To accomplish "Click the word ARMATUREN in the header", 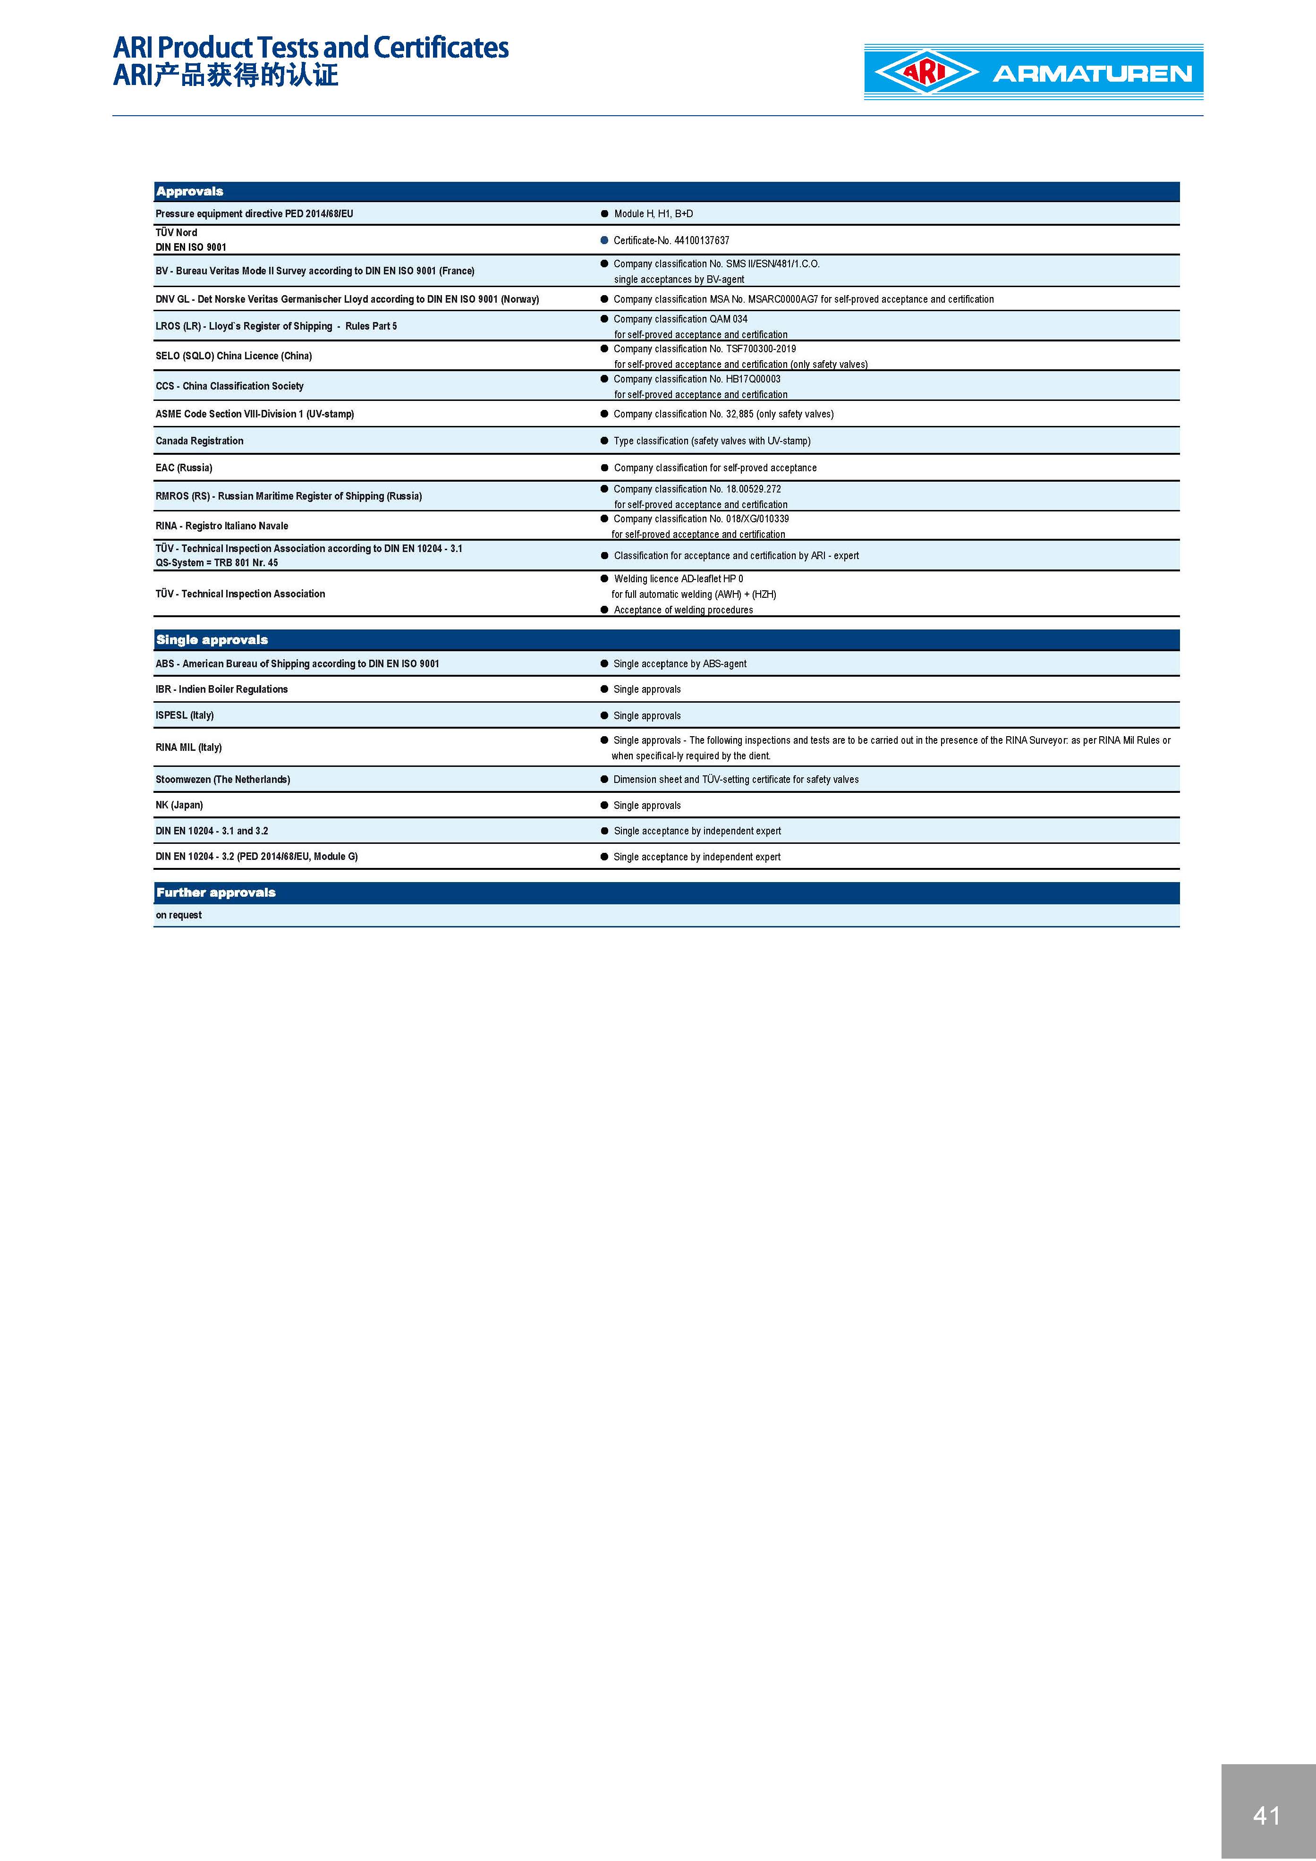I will [1092, 74].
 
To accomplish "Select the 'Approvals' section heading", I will [190, 191].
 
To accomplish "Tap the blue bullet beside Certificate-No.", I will [604, 241].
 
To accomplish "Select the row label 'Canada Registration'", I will [199, 441].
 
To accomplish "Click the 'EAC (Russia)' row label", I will [184, 467].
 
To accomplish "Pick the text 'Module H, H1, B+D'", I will [653, 214].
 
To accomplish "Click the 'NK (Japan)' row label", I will [179, 805].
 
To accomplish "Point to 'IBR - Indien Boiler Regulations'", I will [221, 689].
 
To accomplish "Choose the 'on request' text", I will [178, 915].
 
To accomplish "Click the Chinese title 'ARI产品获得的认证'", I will [225, 76].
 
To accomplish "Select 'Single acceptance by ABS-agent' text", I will [680, 664].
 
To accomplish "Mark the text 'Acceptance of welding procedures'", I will [683, 610].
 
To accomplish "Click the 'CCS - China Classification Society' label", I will [229, 386].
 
